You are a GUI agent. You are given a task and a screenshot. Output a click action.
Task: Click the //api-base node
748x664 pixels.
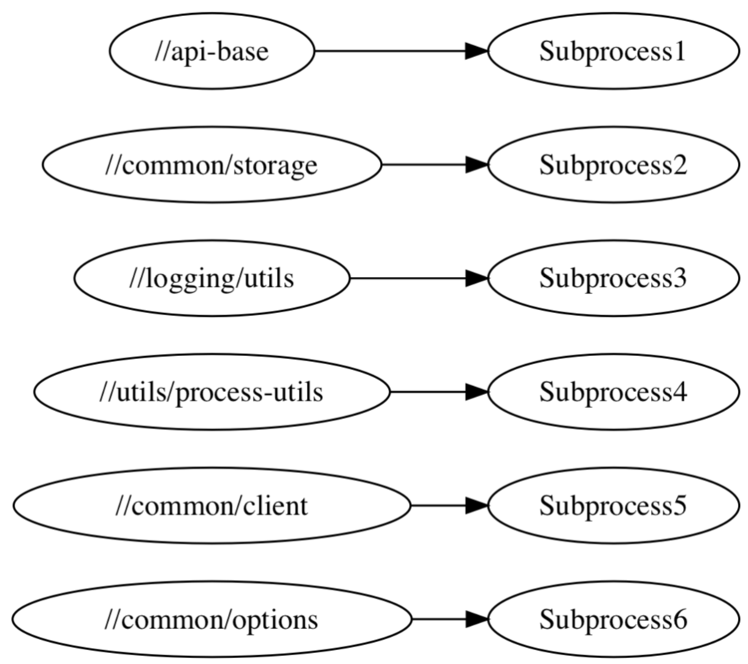[x=212, y=51]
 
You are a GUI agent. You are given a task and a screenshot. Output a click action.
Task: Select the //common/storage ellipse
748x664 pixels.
[x=212, y=165]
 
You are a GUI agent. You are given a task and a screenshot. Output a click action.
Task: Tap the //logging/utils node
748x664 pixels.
[x=212, y=279]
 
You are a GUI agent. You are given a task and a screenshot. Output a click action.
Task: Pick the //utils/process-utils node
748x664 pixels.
[x=212, y=392]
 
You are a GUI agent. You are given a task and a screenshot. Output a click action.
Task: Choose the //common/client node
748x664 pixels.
[x=212, y=505]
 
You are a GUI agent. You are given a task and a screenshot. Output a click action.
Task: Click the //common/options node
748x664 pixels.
[x=212, y=619]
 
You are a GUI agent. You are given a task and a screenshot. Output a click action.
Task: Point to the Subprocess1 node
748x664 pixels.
[x=613, y=51]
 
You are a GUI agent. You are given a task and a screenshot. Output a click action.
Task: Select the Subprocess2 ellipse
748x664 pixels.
[x=613, y=165]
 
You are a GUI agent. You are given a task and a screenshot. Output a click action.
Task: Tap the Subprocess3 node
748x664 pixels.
[x=613, y=279]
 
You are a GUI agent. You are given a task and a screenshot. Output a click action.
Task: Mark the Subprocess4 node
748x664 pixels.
[x=613, y=392]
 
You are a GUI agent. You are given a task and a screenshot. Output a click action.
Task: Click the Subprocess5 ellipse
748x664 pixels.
[x=613, y=505]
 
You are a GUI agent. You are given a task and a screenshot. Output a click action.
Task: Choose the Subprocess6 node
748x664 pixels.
[x=613, y=619]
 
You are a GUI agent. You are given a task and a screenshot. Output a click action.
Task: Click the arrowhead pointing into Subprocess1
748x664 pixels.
[x=477, y=51]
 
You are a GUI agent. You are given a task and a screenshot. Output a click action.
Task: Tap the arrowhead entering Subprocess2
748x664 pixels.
[x=477, y=165]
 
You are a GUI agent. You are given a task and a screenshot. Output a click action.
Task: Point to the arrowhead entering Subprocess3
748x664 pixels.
[x=477, y=279]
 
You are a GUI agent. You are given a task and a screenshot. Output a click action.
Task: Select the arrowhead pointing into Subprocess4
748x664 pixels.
[x=477, y=392]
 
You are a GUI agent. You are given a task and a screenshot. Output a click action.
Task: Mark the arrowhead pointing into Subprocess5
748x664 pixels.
[x=477, y=505]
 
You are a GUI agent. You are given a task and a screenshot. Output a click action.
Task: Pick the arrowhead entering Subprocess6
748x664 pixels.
[x=477, y=619]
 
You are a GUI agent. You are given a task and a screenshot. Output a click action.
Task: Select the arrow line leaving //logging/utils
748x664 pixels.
[x=409, y=279]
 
